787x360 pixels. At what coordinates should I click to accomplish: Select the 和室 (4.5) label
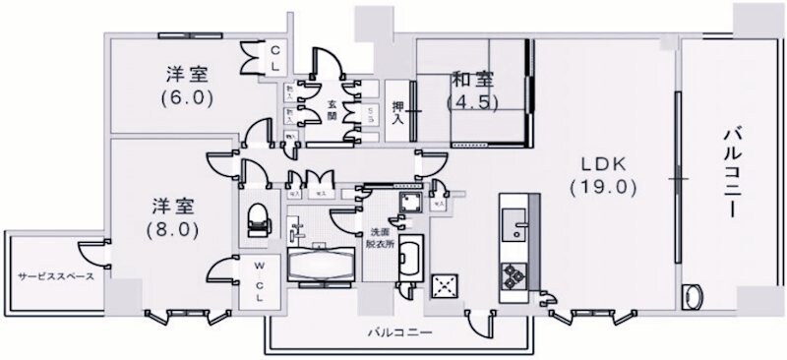coord(472,90)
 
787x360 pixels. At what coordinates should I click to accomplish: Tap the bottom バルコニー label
coord(400,333)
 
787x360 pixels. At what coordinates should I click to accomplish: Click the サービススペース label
coord(55,276)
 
